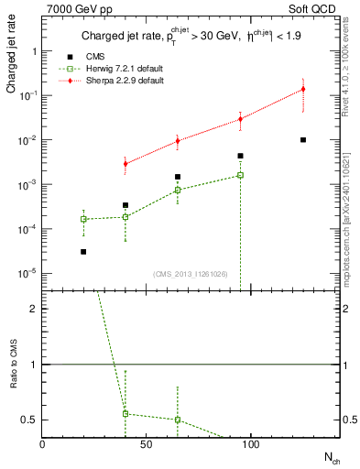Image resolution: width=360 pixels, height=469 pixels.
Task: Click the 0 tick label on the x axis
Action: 42,443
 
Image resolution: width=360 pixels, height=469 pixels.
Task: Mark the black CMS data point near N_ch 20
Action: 83,252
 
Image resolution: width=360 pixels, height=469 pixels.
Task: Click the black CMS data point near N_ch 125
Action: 303,140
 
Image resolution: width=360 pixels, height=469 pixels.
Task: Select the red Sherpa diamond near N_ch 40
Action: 125,163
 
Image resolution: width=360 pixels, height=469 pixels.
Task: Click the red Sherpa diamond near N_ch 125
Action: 303,90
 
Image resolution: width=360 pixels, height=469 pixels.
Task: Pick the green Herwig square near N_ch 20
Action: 83,219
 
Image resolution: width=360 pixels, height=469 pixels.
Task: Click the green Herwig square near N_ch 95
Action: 240,175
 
